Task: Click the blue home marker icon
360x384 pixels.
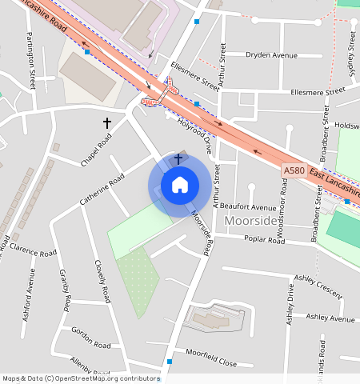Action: point(180,185)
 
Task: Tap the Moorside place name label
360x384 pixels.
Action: point(251,220)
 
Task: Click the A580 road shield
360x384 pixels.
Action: point(294,171)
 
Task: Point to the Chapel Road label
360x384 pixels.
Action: point(95,150)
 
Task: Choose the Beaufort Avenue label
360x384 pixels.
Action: point(248,207)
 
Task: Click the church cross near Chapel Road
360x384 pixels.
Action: point(106,122)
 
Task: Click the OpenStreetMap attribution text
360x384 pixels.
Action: point(80,378)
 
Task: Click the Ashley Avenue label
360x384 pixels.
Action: point(330,318)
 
